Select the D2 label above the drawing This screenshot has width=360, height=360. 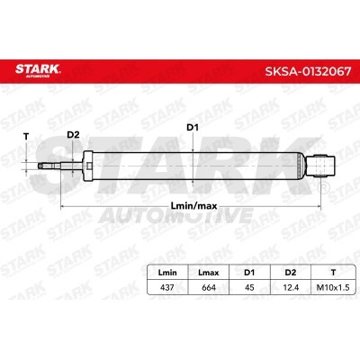[x=75, y=137]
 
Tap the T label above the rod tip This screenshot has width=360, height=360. [x=26, y=137]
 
